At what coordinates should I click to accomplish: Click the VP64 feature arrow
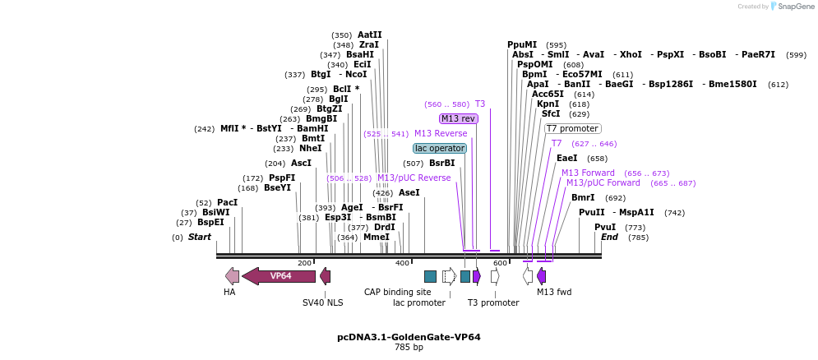(x=280, y=276)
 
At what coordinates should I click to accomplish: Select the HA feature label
(x=229, y=292)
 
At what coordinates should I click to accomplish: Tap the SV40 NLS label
(x=323, y=302)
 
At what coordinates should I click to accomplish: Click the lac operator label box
(x=440, y=149)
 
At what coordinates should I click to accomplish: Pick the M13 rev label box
(x=459, y=119)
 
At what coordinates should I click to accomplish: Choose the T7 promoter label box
(x=573, y=129)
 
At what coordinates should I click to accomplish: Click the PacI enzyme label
(x=228, y=202)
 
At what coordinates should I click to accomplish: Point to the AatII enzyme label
(x=370, y=35)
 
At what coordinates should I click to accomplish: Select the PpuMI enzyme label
(x=522, y=45)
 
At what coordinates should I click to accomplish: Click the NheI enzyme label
(x=311, y=149)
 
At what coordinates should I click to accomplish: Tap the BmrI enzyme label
(x=583, y=197)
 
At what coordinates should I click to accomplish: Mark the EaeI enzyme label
(x=567, y=159)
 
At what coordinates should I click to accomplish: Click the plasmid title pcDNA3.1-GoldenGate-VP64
(x=409, y=337)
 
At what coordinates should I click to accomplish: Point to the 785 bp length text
(x=409, y=348)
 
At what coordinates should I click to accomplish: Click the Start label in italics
(x=200, y=238)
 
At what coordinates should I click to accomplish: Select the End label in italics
(x=609, y=238)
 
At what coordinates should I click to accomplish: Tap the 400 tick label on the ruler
(x=402, y=263)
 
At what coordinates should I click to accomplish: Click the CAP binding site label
(x=398, y=292)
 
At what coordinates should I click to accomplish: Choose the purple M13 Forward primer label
(x=588, y=173)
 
